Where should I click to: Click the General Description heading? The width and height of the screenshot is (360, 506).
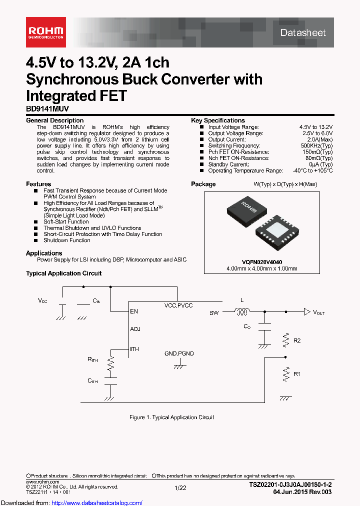54,120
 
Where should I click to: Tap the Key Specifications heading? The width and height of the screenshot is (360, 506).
218,120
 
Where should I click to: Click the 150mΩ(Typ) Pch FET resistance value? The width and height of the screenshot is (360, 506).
317,152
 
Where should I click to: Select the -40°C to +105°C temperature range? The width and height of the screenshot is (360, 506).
310,170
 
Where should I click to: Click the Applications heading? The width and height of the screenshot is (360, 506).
44,253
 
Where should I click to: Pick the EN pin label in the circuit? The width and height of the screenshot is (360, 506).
133,311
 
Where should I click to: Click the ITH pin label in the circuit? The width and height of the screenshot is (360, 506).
134,349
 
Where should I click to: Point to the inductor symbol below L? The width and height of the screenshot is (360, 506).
242,312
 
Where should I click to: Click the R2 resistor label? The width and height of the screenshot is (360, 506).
297,340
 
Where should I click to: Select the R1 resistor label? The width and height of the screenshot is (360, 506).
297,373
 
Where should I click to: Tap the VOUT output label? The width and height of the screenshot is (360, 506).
318,312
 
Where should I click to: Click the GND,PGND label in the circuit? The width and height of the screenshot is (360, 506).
178,353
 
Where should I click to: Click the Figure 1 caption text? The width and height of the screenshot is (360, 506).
171,417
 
